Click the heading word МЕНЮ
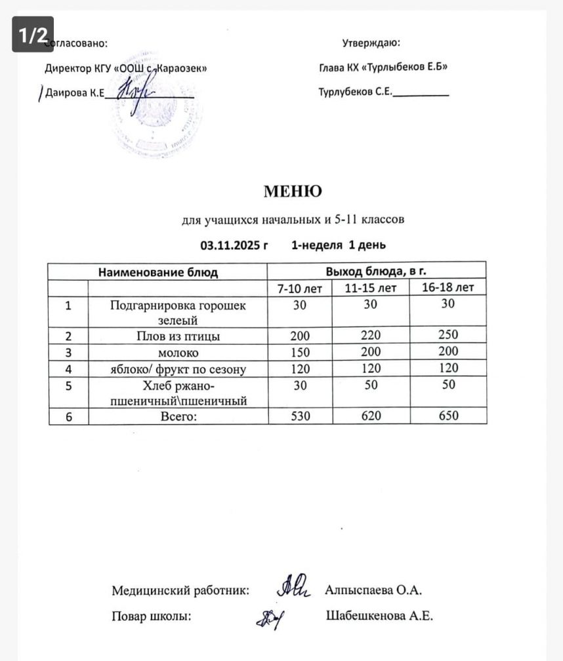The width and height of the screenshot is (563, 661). pos(293,191)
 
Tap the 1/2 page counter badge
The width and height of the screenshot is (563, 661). pos(32,35)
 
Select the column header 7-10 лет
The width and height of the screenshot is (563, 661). pos(300,289)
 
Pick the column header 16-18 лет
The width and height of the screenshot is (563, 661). pos(448,288)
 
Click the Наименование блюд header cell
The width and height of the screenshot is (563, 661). pos(157,271)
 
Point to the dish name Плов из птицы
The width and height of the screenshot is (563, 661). pos(177,336)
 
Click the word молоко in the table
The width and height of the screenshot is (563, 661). pos(177,353)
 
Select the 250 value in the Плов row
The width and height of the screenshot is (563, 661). pos(448,335)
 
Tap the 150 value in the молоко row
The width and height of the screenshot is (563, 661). pos(300,352)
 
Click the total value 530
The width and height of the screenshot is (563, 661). pos(300,416)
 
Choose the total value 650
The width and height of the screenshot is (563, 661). pos(448,416)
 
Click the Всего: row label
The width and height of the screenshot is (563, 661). pos(177,416)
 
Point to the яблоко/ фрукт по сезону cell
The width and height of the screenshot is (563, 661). pos(177,369)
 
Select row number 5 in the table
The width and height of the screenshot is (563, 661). pos(68,386)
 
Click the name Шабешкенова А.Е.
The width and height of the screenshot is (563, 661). pos(379,616)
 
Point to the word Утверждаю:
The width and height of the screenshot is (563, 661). pos(371,44)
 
